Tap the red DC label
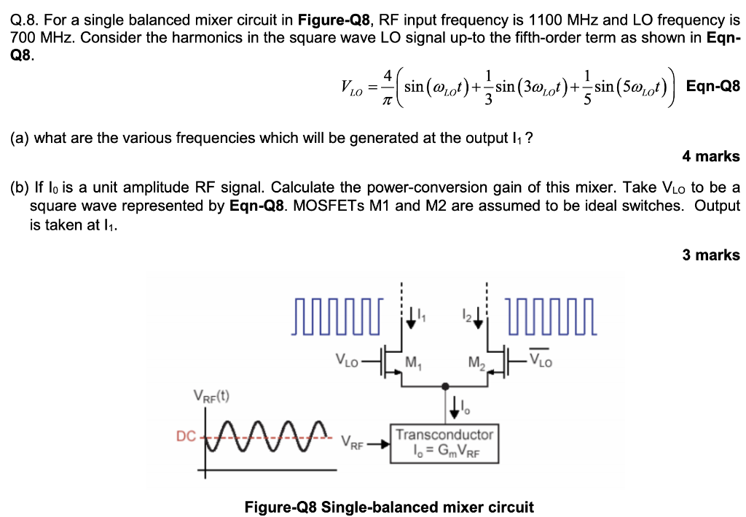click(186, 436)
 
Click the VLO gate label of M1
click(348, 359)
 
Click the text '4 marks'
click(710, 156)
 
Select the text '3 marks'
click(710, 255)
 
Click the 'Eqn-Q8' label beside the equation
click(713, 86)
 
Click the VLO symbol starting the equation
click(350, 88)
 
